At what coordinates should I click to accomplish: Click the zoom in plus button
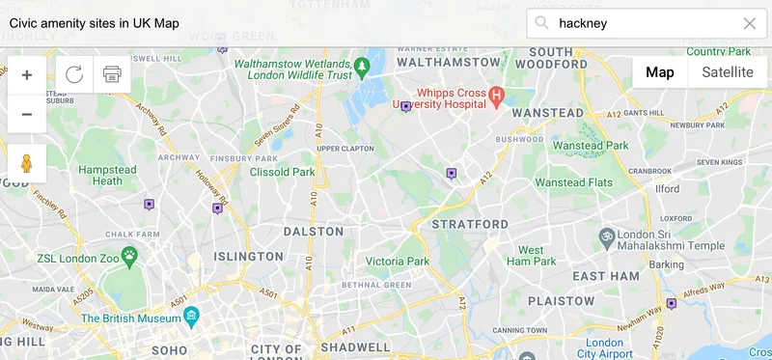click(26, 75)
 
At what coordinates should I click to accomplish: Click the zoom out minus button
click(26, 115)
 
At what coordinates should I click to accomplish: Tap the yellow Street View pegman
click(26, 163)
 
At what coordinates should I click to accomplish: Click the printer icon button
click(112, 75)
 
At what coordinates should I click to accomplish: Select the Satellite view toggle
click(727, 72)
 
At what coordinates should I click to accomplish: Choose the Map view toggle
click(660, 72)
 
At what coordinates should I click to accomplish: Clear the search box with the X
click(750, 23)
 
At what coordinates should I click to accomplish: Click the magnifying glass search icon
click(542, 23)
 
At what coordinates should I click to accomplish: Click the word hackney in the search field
click(583, 23)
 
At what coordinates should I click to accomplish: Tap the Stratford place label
click(470, 225)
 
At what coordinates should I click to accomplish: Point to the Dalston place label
click(314, 232)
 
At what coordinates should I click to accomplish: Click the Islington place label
click(249, 257)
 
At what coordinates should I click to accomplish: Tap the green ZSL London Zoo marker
click(129, 255)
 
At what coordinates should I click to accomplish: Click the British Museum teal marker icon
click(192, 316)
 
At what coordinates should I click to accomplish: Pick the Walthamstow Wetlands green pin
click(362, 67)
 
